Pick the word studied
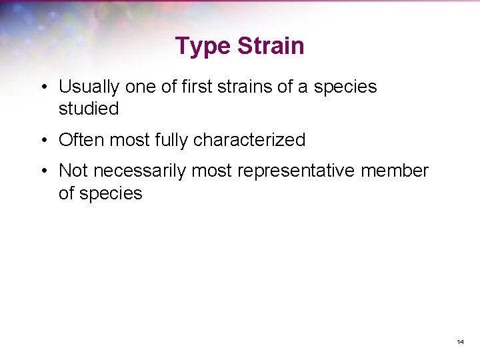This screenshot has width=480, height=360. (x=89, y=109)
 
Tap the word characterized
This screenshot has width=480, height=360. (x=249, y=140)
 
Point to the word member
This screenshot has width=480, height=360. (x=395, y=171)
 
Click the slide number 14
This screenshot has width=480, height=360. (x=460, y=342)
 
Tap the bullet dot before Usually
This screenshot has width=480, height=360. (x=43, y=87)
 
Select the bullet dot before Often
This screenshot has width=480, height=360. (x=43, y=141)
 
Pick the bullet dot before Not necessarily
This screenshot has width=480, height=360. (x=43, y=171)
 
